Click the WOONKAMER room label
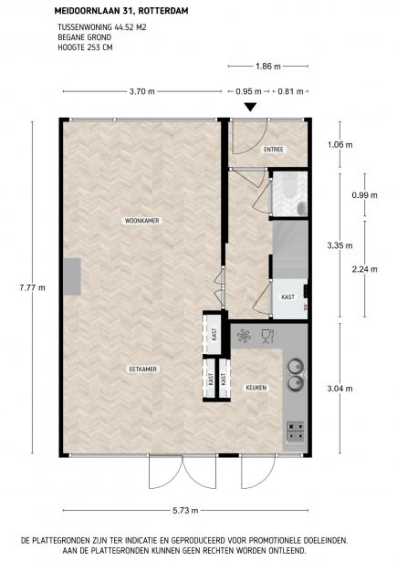tap(141, 221)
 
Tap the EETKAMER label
tap(143, 369)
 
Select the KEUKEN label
tap(256, 388)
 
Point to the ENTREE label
tap(274, 150)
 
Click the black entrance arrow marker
tap(250, 107)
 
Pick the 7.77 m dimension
tap(33, 287)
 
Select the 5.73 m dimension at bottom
tap(185, 511)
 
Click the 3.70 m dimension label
tap(142, 91)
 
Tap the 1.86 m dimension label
tap(268, 67)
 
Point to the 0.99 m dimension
tap(364, 195)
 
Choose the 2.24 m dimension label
tap(364, 269)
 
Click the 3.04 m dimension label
tap(340, 389)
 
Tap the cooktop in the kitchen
tap(296, 431)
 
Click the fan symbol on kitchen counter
tap(244, 337)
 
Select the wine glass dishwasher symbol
tap(267, 336)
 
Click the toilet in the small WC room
tap(302, 206)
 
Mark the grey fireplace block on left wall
tap(72, 276)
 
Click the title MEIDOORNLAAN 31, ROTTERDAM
tap(121, 11)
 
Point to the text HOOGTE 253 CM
tap(85, 47)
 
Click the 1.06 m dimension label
tap(340, 145)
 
